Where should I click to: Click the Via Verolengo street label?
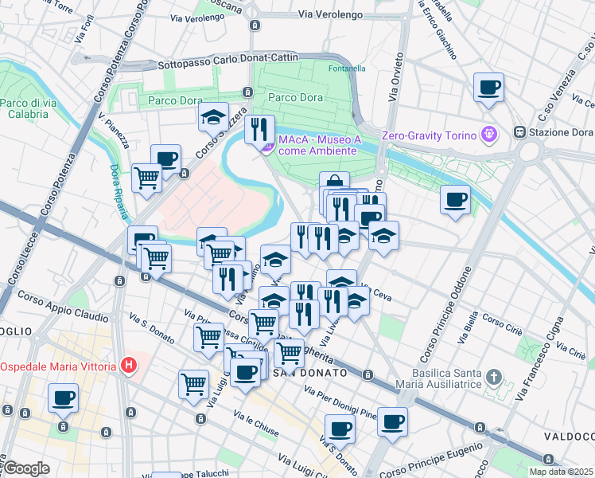[330, 14]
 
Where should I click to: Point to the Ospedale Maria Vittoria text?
[60, 366]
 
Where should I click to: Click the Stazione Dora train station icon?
[519, 131]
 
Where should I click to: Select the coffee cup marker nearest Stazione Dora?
[488, 87]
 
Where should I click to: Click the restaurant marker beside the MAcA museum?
[259, 128]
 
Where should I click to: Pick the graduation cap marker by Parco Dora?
[212, 116]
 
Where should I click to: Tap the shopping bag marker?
[334, 182]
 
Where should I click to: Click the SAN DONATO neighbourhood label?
[309, 373]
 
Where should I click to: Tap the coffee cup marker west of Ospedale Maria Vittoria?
[63, 397]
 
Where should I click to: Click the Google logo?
[26, 468]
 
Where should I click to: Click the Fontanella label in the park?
[347, 69]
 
